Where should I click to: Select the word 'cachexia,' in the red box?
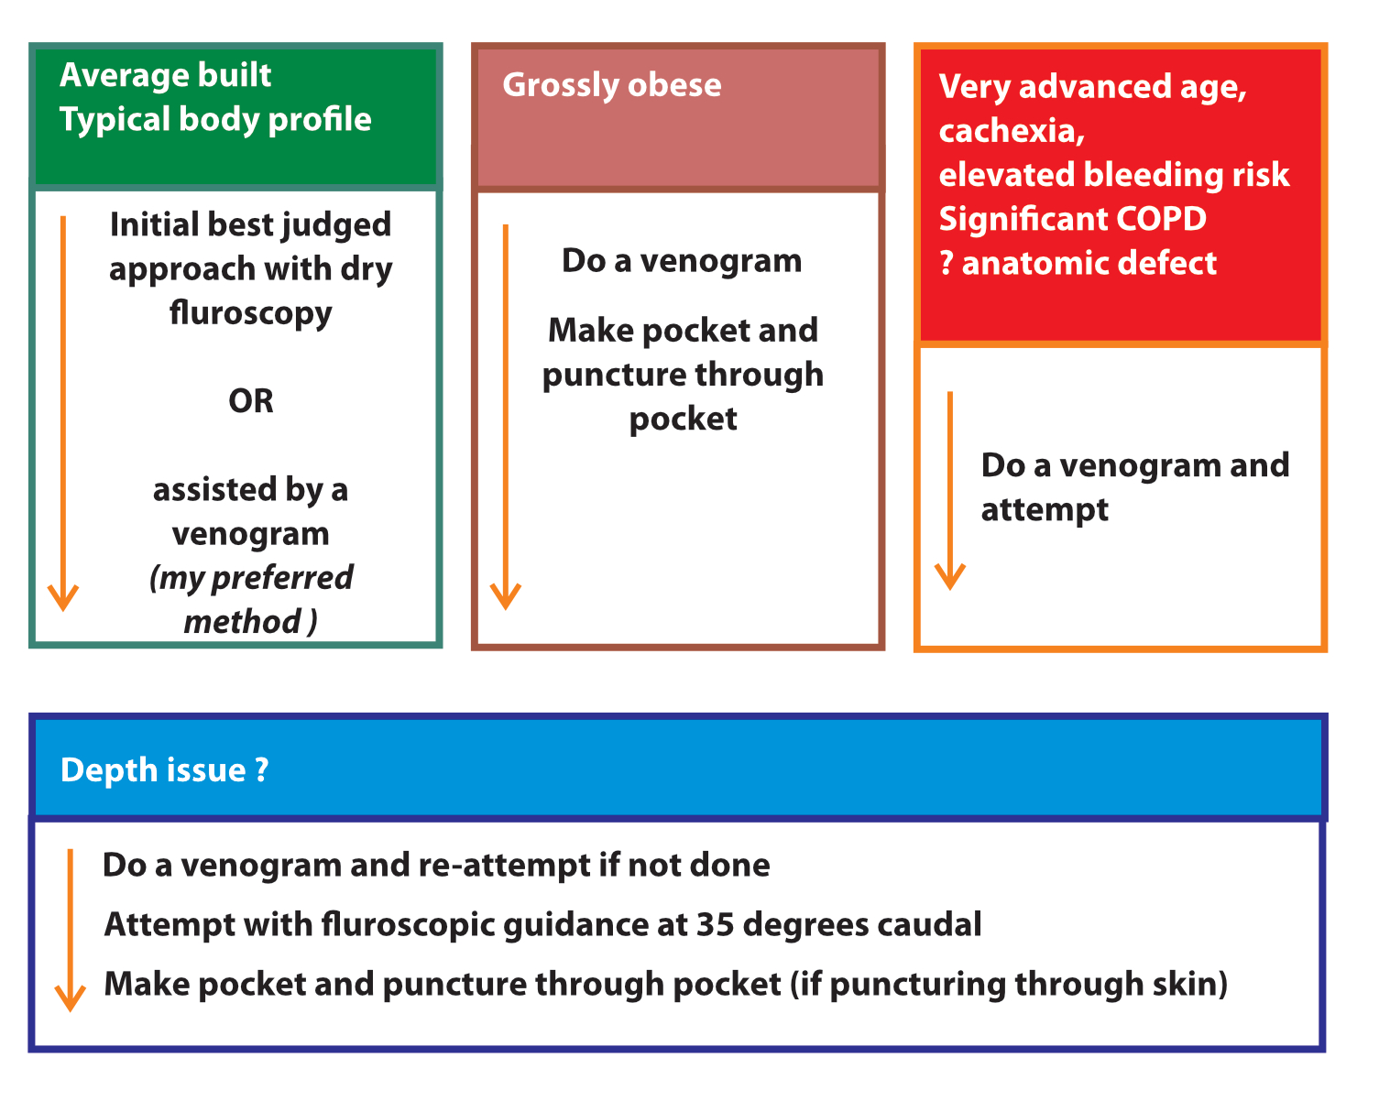pyautogui.click(x=1012, y=131)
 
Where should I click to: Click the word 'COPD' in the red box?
pyautogui.click(x=1161, y=219)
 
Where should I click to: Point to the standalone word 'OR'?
pyautogui.click(x=251, y=401)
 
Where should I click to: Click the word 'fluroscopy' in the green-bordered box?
pyautogui.click(x=250, y=314)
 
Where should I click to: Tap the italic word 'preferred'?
pyautogui.click(x=282, y=578)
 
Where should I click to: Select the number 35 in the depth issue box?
pyautogui.click(x=715, y=925)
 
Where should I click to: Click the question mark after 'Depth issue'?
pyautogui.click(x=261, y=769)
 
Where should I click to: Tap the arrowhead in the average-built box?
pyautogui.click(x=63, y=597)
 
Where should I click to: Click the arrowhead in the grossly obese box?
pyautogui.click(x=506, y=596)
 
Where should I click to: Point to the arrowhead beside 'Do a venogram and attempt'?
pyautogui.click(x=950, y=576)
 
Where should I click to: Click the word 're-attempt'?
pyautogui.click(x=504, y=867)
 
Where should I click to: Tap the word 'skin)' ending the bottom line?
pyautogui.click(x=1190, y=985)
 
